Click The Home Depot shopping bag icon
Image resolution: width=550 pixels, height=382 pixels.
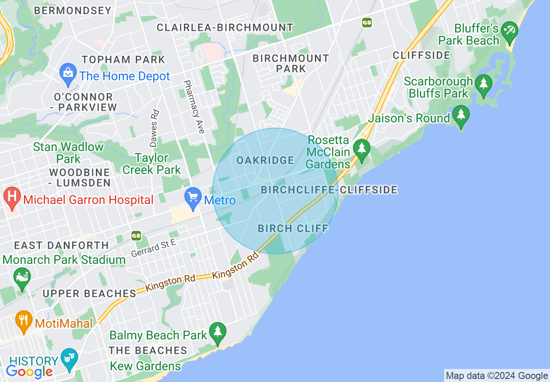[x=68, y=75]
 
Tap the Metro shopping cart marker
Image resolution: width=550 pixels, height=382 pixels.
[x=193, y=198]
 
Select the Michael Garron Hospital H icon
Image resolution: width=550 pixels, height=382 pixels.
[x=12, y=198]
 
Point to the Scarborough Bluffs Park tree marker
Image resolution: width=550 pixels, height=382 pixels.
[x=483, y=85]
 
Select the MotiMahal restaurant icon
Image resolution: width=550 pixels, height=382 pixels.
[x=23, y=321]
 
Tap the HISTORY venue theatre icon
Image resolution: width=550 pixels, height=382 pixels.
[x=69, y=359]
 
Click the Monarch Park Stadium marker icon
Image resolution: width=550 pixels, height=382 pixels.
[x=22, y=278]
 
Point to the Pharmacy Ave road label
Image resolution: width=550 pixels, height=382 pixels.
[x=193, y=106]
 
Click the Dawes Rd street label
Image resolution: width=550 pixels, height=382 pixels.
[x=154, y=128]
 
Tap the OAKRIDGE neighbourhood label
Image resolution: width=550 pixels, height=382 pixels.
[x=265, y=161]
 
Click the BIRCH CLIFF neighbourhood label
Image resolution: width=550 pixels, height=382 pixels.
[x=293, y=229]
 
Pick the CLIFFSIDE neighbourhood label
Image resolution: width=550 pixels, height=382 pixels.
[x=422, y=55]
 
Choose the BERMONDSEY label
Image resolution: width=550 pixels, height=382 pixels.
[x=72, y=10]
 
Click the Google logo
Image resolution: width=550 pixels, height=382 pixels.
[x=29, y=371]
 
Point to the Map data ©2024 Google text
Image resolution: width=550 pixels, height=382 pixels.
[x=497, y=376]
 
